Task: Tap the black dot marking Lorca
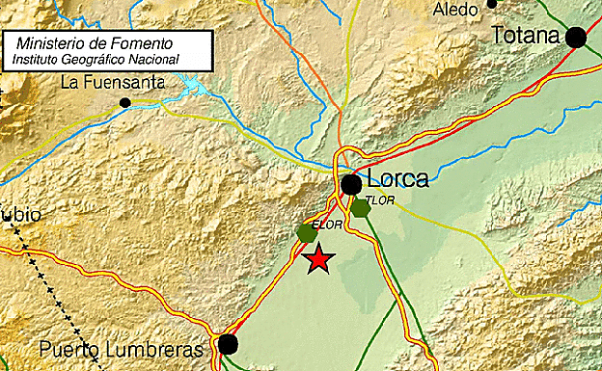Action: (352, 183)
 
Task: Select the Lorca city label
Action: (398, 180)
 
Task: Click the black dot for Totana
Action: (576, 38)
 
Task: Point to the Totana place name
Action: (526, 37)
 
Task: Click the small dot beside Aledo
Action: (492, 4)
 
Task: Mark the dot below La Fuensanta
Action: (124, 102)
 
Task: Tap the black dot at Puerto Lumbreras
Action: (228, 344)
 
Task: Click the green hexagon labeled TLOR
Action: (360, 207)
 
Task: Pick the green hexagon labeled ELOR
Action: (308, 232)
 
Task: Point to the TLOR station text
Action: (381, 199)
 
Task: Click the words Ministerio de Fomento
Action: (95, 44)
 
